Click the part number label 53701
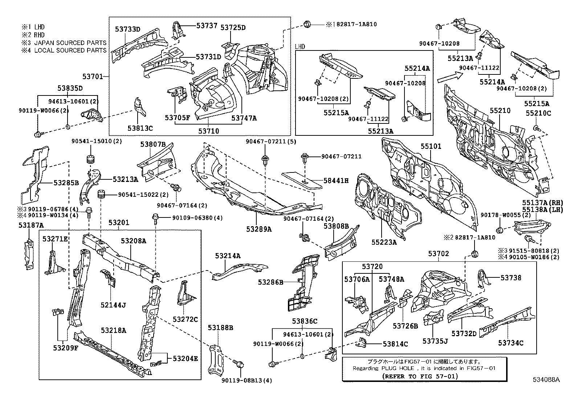tap(92, 77)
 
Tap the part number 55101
tap(431, 146)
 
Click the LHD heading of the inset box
tap(300, 46)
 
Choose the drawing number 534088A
tap(546, 380)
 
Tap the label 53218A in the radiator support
tap(114, 330)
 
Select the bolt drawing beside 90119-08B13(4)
tap(239, 364)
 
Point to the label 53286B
tap(270, 282)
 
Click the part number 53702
tap(438, 254)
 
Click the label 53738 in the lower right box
tap(511, 278)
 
